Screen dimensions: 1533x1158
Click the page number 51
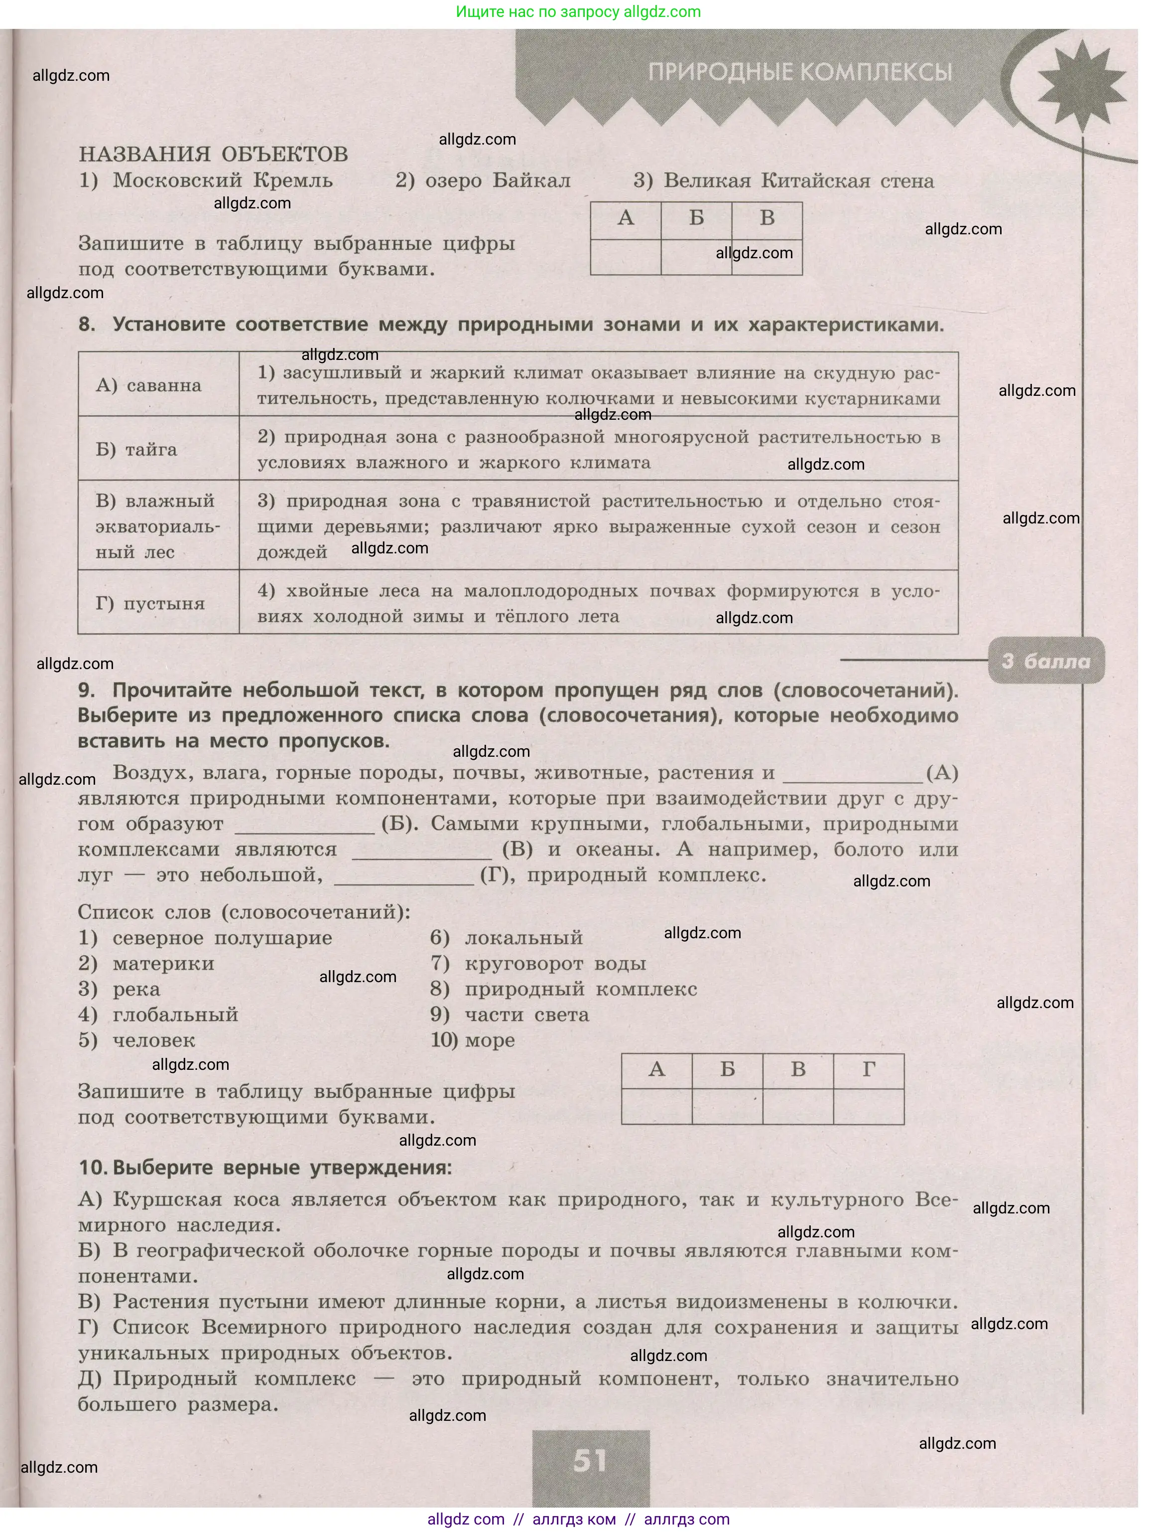[590, 1460]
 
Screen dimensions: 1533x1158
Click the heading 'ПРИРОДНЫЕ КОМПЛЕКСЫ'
[800, 72]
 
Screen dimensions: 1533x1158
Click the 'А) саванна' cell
[148, 385]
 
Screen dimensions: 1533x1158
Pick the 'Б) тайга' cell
[136, 450]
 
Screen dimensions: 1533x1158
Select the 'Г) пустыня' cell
[150, 604]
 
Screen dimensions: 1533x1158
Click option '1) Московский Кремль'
[206, 181]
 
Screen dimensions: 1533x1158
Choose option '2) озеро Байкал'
[483, 181]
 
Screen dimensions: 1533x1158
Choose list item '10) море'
[473, 1040]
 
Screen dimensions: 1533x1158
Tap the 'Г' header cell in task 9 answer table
[869, 1070]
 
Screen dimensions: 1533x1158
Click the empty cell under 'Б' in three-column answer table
[696, 257]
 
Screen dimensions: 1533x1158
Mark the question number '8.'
[87, 325]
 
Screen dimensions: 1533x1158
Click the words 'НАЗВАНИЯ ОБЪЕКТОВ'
[213, 154]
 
